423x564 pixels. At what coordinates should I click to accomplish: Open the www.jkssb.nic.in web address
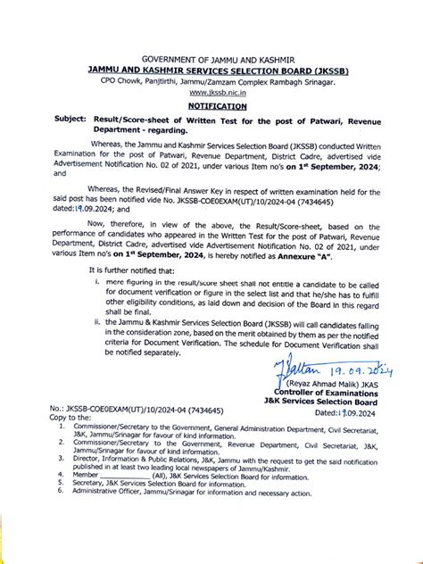212,91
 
